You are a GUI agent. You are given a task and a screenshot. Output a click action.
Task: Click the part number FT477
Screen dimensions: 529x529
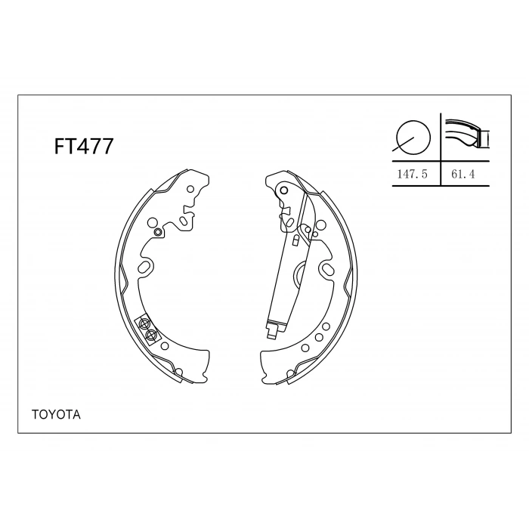click(84, 147)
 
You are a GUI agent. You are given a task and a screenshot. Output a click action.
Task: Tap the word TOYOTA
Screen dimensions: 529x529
click(56, 415)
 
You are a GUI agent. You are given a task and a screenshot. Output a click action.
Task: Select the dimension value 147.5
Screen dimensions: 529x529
click(413, 174)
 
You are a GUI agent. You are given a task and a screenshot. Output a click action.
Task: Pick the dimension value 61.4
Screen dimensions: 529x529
click(462, 174)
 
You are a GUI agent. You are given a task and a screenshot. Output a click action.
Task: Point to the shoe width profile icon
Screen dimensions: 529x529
click(467, 133)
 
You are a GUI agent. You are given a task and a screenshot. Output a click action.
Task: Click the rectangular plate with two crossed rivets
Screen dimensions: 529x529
click(147, 329)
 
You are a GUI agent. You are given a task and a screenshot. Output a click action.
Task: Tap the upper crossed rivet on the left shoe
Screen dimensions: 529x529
click(144, 323)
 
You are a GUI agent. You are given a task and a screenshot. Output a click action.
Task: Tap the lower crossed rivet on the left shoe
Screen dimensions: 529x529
click(150, 335)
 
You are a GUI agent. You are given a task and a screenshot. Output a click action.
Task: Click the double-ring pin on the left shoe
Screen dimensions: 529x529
click(157, 232)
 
